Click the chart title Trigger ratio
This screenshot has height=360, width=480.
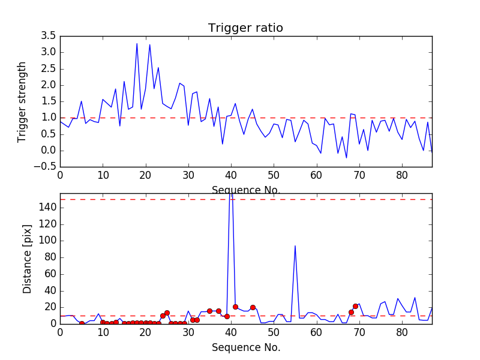tap(245, 28)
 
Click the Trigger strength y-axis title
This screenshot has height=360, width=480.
tap(22, 101)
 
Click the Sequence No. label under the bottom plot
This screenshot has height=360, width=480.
tap(245, 347)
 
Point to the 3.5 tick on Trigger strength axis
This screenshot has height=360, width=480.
tap(49, 36)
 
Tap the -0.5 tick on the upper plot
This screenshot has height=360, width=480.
tap(46, 167)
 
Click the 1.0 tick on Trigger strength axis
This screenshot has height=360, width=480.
tap(49, 118)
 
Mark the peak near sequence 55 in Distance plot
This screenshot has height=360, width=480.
tap(295, 245)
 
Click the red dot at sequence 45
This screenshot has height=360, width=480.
tap(253, 307)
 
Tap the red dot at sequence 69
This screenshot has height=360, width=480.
tap(355, 306)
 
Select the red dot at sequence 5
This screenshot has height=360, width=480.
tap(82, 323)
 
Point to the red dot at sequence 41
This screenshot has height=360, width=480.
tap(235, 307)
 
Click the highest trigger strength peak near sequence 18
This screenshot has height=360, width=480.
tap(137, 43)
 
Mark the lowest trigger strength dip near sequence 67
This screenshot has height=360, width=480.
tap(346, 158)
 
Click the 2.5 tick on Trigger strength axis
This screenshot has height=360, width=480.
tap(49, 68)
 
